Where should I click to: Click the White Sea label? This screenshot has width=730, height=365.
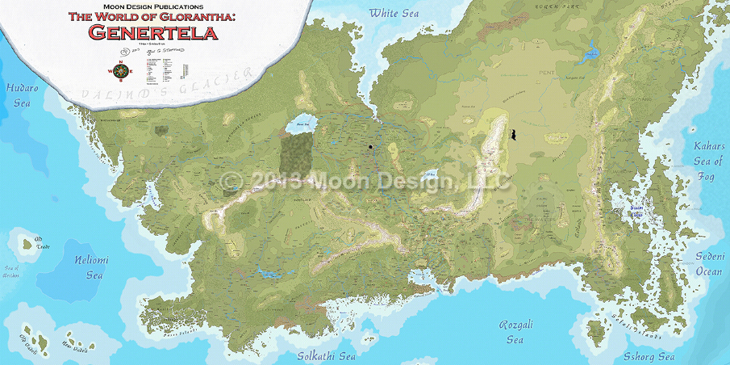[395, 13]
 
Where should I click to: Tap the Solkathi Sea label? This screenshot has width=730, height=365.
[326, 355]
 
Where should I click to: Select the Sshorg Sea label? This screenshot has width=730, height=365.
[649, 356]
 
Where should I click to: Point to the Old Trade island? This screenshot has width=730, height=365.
[38, 241]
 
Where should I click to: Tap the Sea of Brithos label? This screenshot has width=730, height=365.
[11, 271]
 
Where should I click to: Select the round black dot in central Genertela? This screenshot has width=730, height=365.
[370, 147]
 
